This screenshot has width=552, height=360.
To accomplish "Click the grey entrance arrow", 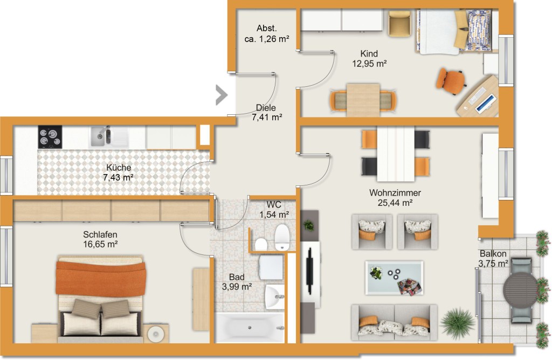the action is tap(222, 95).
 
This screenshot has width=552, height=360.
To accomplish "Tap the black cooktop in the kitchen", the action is tap(50, 137).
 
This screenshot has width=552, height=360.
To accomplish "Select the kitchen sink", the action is tap(109, 136).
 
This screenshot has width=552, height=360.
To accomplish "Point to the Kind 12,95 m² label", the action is tap(369, 58).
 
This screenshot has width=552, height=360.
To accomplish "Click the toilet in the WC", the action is tap(281, 238).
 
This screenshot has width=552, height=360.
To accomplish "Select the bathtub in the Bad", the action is tap(250, 328).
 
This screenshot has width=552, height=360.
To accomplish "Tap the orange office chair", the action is tap(450, 81).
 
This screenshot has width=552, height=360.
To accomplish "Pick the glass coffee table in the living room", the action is tap(394, 278).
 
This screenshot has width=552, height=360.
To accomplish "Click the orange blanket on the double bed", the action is tap(101, 277).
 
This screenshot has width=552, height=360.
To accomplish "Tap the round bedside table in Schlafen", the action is tap(156, 334).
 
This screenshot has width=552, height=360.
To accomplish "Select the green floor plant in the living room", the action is tap(457, 323).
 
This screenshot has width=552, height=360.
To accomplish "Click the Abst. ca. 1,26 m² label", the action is tap(267, 33).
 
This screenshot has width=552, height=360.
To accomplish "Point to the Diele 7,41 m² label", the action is tap(266, 112).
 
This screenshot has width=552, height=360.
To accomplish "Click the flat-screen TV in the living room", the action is tap(310, 271).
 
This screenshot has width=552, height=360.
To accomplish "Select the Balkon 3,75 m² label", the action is tap(493, 258).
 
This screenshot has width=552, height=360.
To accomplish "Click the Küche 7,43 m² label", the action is tap(118, 172).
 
